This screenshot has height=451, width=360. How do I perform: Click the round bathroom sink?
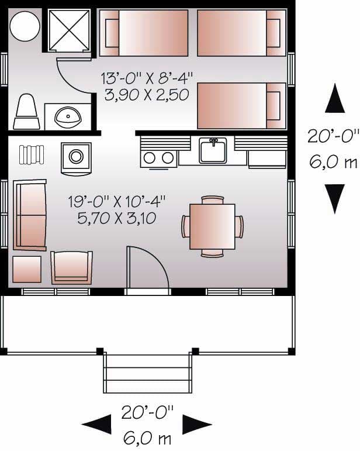tap(69, 117)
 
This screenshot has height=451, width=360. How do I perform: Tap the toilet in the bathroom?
tap(26, 113)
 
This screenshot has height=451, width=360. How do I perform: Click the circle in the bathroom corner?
tap(25, 26)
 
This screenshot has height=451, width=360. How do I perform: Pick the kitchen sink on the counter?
tap(212, 151)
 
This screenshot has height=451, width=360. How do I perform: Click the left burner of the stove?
tap(150, 157)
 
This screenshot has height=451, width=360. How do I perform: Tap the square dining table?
tap(212, 226)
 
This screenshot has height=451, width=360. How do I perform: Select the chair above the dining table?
tap(212, 199)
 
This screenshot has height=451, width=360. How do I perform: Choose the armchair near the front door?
tap(71, 267)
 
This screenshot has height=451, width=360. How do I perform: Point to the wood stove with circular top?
tap(75, 157)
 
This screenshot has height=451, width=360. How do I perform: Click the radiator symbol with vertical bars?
tap(32, 154)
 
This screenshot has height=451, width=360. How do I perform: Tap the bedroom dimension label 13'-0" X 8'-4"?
tap(147, 77)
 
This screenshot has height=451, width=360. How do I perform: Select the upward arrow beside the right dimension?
tap(335, 98)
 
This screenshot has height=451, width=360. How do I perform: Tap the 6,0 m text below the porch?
tap(148, 436)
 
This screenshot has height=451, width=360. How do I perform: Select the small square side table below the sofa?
tap(27, 269)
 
